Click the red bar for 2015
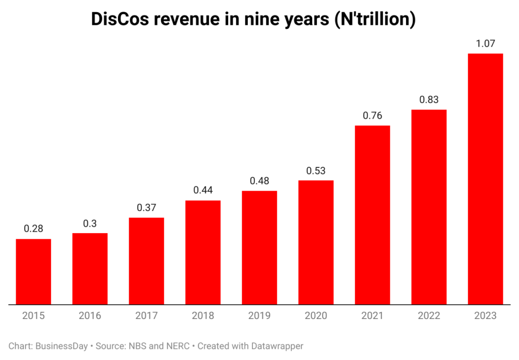coord(33,272)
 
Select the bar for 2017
coord(146,261)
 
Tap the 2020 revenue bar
coord(316,242)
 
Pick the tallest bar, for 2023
coord(485,179)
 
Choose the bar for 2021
coord(373,215)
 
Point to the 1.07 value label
coord(485,44)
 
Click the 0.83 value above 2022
coord(429,100)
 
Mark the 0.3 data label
coord(90,223)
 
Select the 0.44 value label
coord(203,191)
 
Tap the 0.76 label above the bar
coord(373,116)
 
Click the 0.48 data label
coord(259,181)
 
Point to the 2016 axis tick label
coord(90,316)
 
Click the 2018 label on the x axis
coord(203,316)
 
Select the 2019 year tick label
coord(259,316)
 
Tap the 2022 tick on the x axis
coord(429,316)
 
